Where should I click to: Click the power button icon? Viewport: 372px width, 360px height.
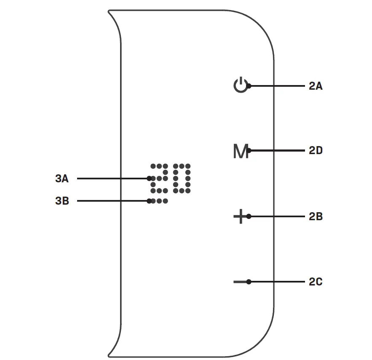240,85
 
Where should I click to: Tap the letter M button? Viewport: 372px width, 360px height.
240,151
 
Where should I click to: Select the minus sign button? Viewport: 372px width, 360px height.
239,281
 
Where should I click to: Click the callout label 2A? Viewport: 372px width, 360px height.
315,86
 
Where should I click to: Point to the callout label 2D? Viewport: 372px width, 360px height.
315,151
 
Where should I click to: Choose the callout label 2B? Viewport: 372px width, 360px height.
315,217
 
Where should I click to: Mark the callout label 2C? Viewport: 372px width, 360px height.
315,282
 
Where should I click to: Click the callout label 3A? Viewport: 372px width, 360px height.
62,179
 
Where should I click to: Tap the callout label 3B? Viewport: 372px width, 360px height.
62,201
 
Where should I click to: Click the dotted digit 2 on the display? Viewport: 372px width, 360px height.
160,178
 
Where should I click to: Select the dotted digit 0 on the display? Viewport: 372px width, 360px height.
182,178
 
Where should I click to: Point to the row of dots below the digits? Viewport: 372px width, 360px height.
158,201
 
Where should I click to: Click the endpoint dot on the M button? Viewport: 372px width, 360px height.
249,150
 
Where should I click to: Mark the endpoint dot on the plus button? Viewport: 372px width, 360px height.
249,216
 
